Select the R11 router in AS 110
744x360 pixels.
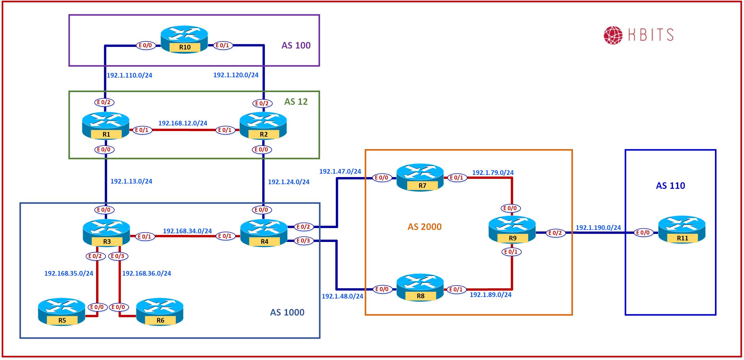tap(682, 231)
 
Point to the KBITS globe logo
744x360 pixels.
tap(613, 35)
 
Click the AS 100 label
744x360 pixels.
tap(296, 45)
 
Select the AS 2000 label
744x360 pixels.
tap(425, 227)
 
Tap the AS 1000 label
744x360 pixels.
tap(287, 312)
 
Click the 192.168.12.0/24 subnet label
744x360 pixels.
tap(183, 123)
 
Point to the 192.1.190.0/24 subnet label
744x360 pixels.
tap(598, 228)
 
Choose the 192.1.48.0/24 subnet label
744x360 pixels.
tap(342, 296)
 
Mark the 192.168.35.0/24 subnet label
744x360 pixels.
tap(69, 273)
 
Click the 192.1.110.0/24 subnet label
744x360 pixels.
tap(129, 75)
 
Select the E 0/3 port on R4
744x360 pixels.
tap(303, 241)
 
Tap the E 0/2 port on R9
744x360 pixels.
tap(555, 233)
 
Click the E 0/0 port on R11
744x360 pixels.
tap(643, 233)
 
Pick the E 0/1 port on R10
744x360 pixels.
tap(222, 45)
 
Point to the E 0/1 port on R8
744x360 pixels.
tap(456, 290)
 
